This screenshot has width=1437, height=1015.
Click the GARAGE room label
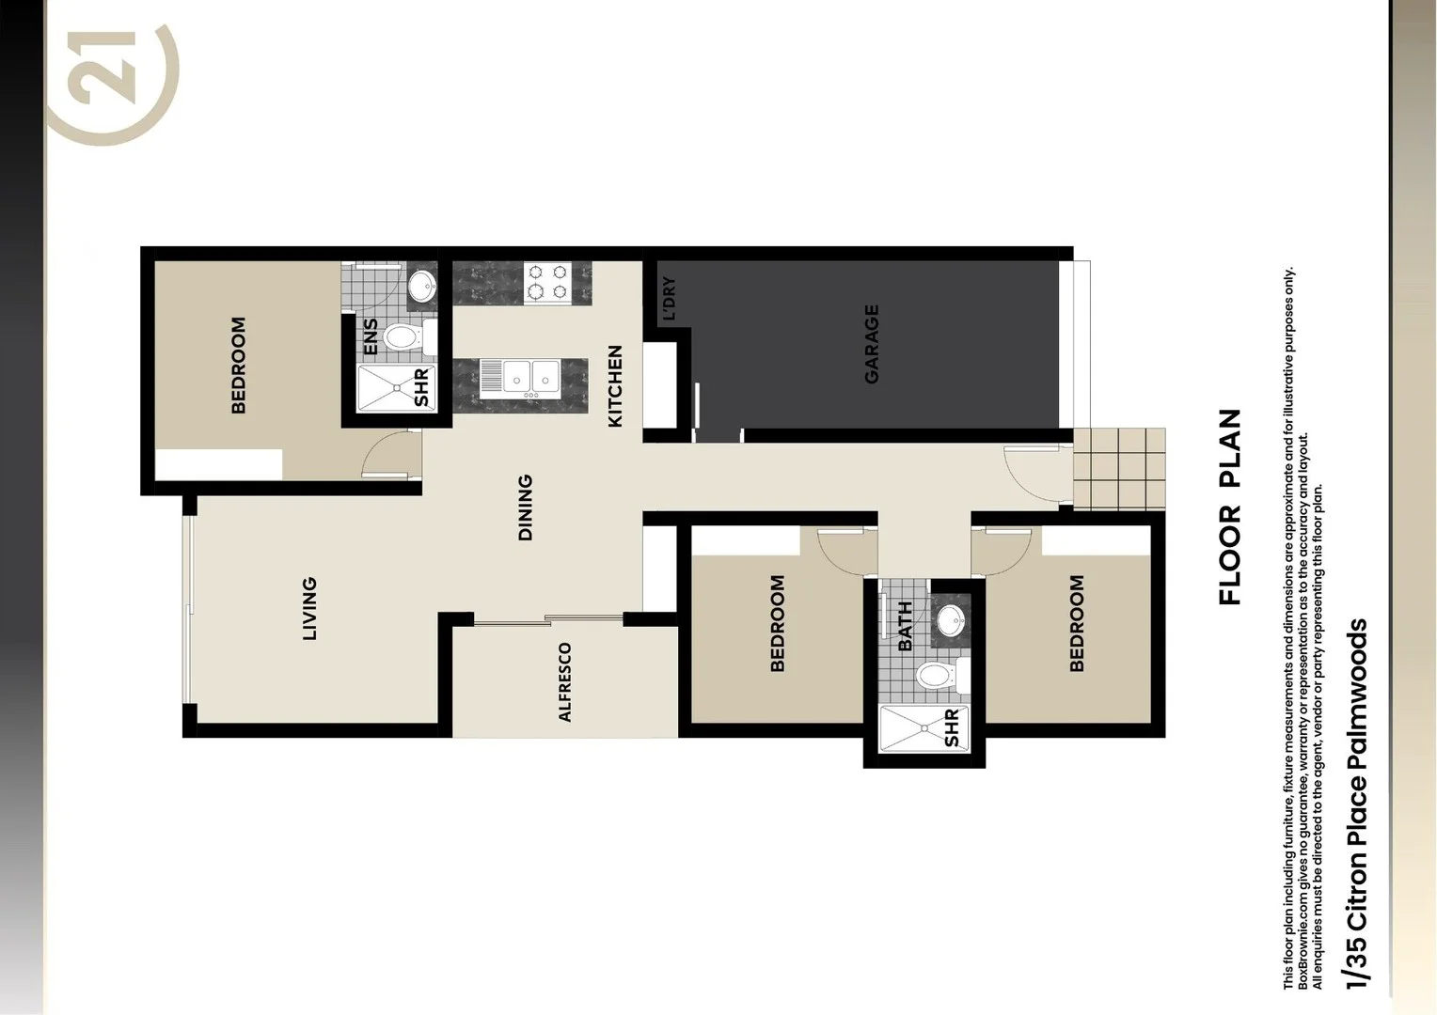[872, 343]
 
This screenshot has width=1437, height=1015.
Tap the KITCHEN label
[615, 386]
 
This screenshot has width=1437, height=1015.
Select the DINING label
[525, 507]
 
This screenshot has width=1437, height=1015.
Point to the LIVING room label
[309, 609]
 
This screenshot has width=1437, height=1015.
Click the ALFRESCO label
[564, 682]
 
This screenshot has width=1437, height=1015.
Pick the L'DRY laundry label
[669, 299]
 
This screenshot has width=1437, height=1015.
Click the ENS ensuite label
[371, 337]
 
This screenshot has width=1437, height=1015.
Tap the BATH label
[905, 626]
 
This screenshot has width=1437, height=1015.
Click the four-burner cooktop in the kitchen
[547, 282]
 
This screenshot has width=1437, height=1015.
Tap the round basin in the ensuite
[422, 285]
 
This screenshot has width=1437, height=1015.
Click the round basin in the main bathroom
[951, 620]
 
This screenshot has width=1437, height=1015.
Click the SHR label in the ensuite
[421, 387]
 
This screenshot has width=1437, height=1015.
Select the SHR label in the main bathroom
[951, 728]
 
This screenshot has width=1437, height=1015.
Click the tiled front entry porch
[1119, 469]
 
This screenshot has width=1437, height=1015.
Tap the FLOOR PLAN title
[1229, 507]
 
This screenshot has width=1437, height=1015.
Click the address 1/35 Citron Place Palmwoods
[1356, 804]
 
